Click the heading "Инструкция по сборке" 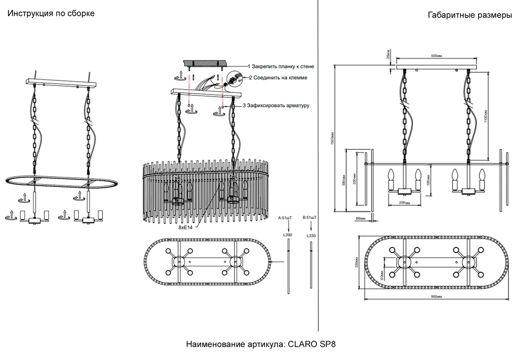[51, 14]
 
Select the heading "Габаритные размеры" [469, 15]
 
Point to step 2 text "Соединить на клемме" [278, 77]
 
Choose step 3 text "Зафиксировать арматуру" [276, 105]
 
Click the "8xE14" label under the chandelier [185, 227]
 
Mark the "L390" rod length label [287, 236]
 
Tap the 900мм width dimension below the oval [437, 296]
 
